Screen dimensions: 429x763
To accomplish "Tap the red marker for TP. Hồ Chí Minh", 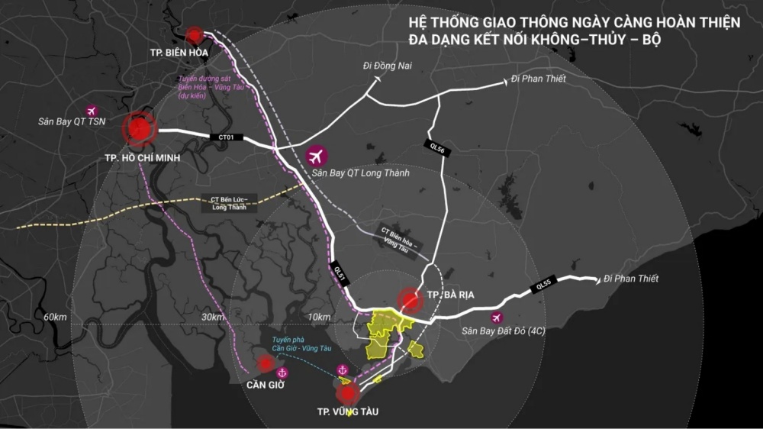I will point(140,130).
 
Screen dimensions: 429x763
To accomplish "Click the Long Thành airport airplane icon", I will point(317,156).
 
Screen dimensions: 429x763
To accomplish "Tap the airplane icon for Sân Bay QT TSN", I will point(92,111).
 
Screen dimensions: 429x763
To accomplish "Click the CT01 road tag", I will point(226,138).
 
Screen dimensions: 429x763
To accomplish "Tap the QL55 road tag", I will point(544,284).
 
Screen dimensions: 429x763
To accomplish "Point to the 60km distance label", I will point(56,317).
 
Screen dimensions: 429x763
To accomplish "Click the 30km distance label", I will point(212,317).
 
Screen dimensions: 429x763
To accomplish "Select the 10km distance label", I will point(320,317).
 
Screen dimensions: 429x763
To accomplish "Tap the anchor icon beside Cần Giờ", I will point(282,373).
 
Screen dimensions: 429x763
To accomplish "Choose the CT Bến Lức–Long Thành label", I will point(229,203).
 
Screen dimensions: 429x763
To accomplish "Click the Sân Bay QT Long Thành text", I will point(361,173).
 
